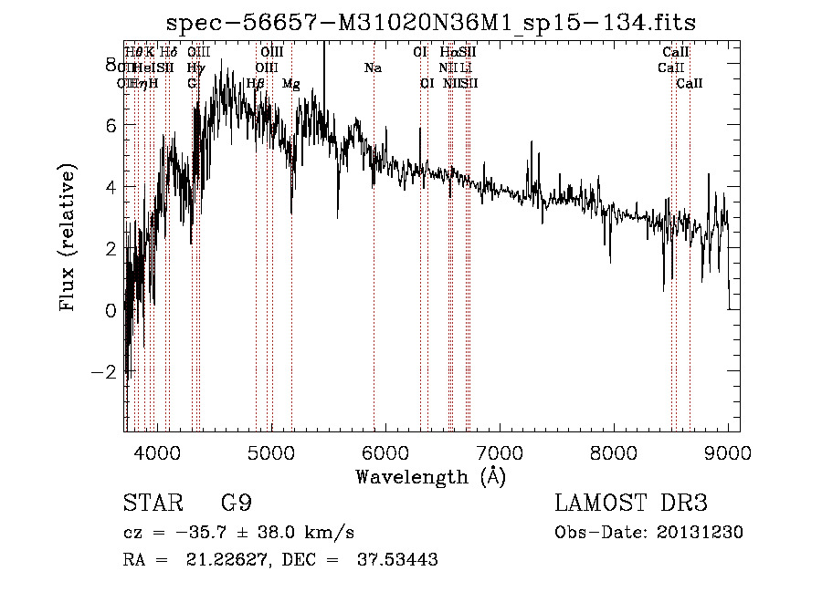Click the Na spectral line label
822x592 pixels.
coord(373,68)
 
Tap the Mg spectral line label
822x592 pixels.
coord(290,83)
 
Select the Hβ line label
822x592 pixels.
coord(256,83)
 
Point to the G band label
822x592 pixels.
coord(192,83)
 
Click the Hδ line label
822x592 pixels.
coord(168,52)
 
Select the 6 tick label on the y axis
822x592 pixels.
coord(111,126)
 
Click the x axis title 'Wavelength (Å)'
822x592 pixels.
coord(430,476)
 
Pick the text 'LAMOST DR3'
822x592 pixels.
coord(631,504)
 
